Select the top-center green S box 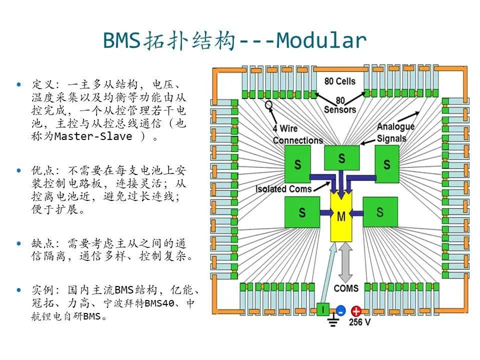coord(341,158)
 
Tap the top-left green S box coord(298,164)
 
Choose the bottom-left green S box coord(301,212)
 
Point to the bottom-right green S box coord(380,212)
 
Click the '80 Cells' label coord(339,81)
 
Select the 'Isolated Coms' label coord(283,189)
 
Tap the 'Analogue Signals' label coord(395,132)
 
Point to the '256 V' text coord(360,322)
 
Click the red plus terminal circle coord(356,311)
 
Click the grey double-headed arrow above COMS coord(345,262)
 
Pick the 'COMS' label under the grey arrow coord(346,288)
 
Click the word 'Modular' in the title coord(321,40)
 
